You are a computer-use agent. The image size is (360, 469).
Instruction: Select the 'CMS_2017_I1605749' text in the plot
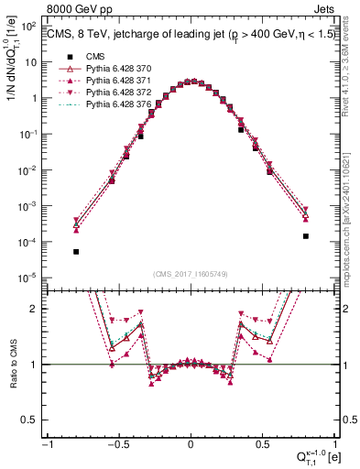191,274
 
